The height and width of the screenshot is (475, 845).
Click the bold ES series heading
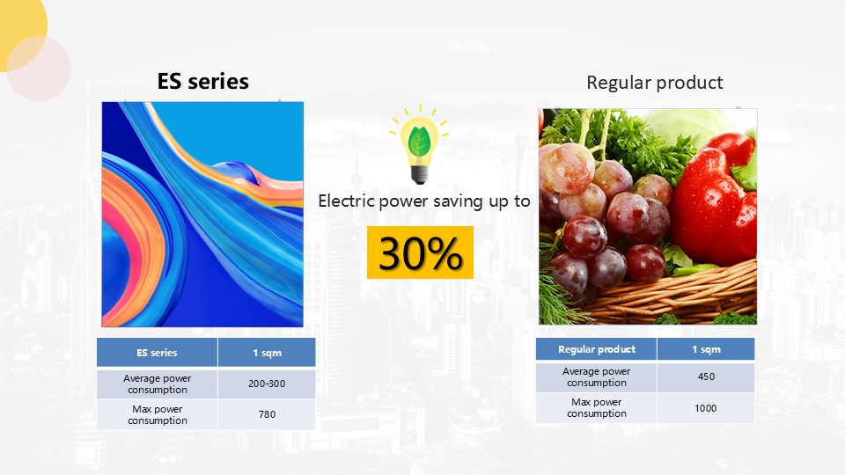[x=202, y=81]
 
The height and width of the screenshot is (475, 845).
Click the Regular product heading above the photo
[x=654, y=83]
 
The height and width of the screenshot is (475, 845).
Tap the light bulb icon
[x=419, y=145]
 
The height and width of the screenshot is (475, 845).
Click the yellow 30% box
[x=421, y=252]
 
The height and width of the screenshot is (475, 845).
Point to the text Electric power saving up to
[x=424, y=201]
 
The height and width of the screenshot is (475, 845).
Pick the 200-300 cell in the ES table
[x=267, y=384]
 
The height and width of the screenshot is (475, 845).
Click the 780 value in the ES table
[x=267, y=414]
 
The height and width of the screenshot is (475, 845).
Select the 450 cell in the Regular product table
[x=706, y=377]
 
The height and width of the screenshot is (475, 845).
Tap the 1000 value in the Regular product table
[x=706, y=408]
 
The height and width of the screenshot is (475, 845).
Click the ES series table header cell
[x=157, y=353]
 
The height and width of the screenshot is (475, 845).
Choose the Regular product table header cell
[x=597, y=349]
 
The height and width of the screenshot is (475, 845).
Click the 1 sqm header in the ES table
[x=267, y=353]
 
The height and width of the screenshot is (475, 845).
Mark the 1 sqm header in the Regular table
[x=706, y=349]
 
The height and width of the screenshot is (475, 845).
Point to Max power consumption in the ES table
[x=158, y=414]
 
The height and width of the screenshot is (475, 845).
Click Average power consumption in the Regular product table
[x=597, y=377]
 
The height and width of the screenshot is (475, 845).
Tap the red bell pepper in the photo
[x=714, y=200]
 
